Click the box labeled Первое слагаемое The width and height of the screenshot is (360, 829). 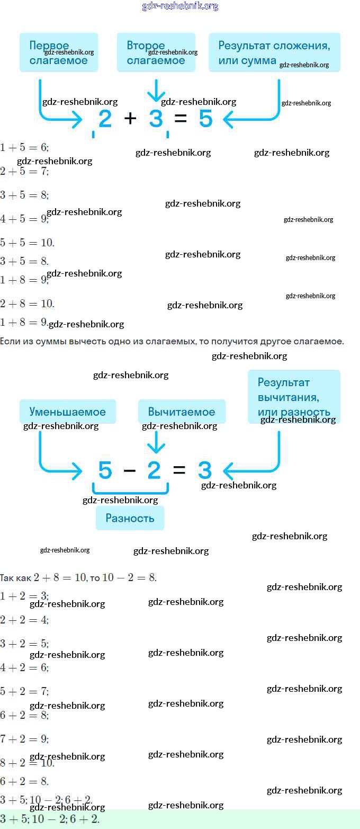(59, 52)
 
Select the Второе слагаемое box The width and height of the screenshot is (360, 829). (156, 52)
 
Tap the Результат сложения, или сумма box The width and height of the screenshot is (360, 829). (274, 52)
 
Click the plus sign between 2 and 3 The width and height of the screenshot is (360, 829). (130, 118)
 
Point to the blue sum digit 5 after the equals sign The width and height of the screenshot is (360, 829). (205, 119)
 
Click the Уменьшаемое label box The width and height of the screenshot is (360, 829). (68, 412)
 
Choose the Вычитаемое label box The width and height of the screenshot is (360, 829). (182, 412)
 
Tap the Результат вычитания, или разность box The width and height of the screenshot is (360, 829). (294, 397)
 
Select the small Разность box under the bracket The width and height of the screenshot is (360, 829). (130, 518)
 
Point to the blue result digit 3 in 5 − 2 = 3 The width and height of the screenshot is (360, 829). (205, 470)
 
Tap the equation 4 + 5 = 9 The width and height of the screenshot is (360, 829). (24, 218)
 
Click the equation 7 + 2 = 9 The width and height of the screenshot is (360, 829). (24, 739)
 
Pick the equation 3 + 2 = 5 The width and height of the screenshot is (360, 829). (24, 644)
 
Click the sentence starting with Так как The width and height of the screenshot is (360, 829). (78, 577)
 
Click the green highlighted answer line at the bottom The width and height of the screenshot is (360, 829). (180, 819)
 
